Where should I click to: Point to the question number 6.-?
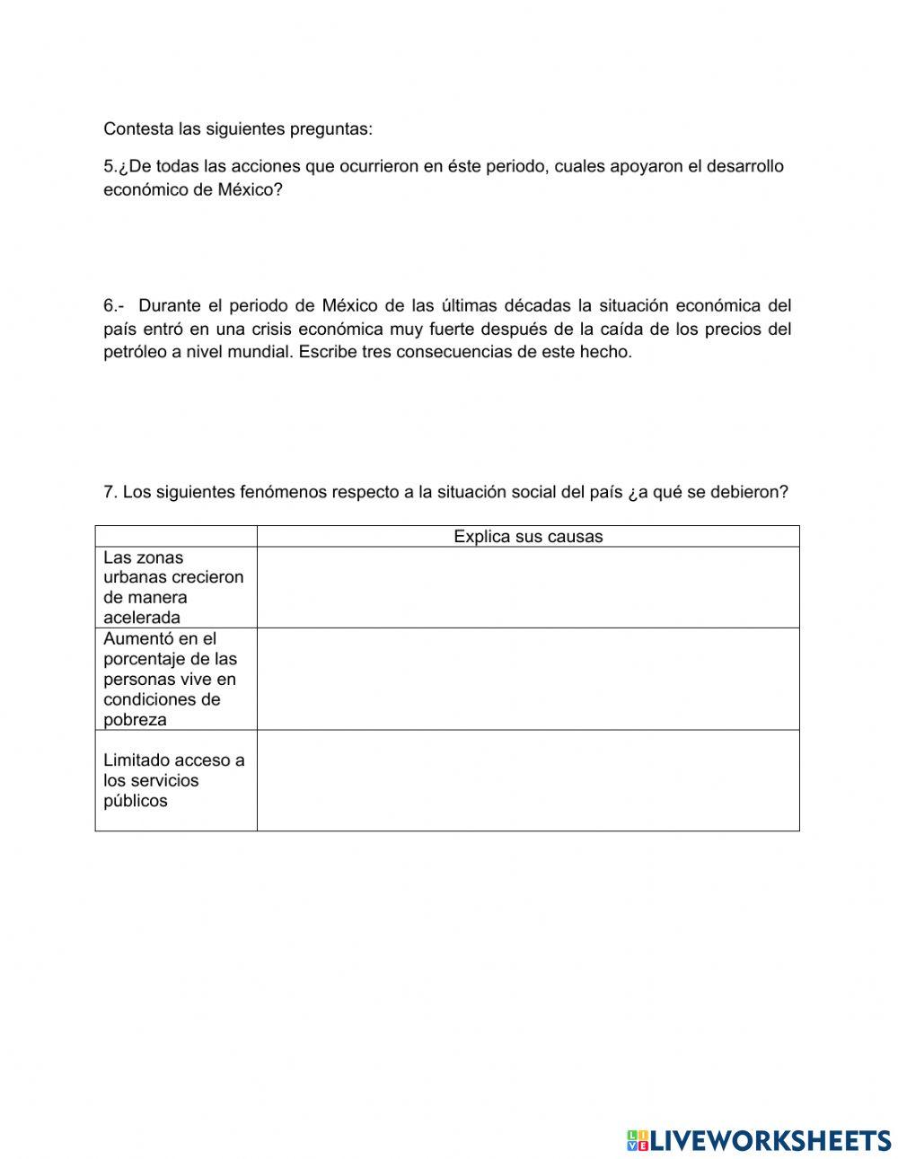point(115,306)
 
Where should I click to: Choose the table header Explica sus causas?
point(528,537)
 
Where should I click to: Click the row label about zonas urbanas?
point(173,587)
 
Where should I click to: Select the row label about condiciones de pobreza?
point(171,680)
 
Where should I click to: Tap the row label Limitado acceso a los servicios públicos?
point(173,780)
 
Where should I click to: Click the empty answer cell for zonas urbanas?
point(528,587)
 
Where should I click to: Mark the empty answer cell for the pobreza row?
point(528,680)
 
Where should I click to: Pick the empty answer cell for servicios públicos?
point(528,780)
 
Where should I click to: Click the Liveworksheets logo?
point(759,1140)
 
